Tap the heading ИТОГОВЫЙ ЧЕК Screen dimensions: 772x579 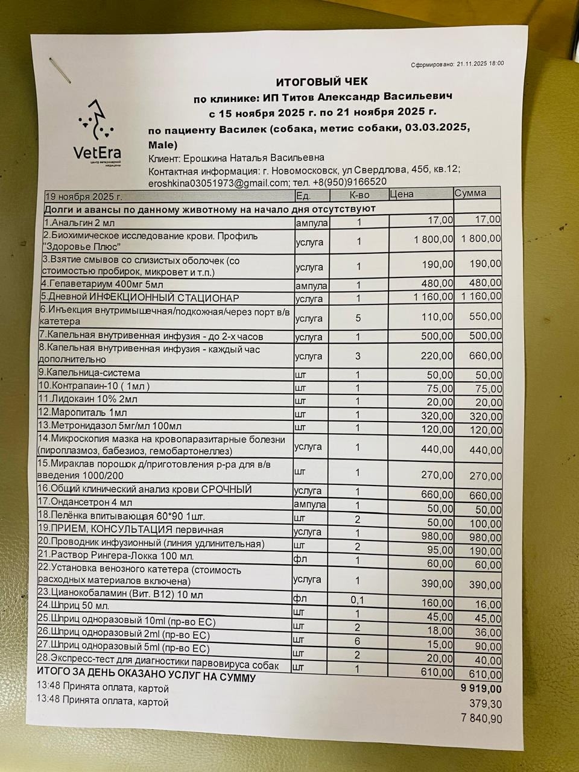click(x=321, y=81)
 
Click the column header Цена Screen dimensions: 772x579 click(x=402, y=194)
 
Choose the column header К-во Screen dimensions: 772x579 click(x=359, y=195)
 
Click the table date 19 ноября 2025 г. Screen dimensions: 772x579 click(x=84, y=197)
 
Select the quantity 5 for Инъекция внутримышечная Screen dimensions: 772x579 click(x=358, y=317)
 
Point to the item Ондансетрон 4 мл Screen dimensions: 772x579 click(x=85, y=502)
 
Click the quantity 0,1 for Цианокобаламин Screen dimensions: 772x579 click(x=358, y=600)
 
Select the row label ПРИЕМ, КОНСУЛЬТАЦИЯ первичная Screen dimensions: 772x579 click(x=131, y=530)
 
